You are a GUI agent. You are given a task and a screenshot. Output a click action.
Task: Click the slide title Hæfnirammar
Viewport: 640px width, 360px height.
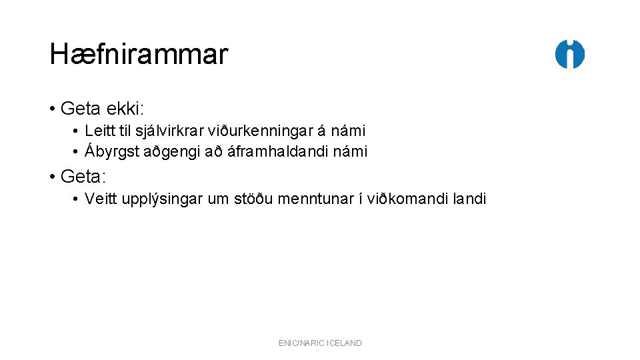(139, 55)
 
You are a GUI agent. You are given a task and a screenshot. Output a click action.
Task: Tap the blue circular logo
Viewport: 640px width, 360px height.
(570, 55)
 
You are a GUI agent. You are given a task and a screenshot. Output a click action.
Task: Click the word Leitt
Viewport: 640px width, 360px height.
(99, 131)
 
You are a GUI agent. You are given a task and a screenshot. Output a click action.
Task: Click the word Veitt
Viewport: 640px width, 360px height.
(100, 199)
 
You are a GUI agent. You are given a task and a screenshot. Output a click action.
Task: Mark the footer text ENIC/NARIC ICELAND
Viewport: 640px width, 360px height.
(320, 343)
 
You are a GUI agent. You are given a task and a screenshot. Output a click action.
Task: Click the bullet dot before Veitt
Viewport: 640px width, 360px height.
(77, 199)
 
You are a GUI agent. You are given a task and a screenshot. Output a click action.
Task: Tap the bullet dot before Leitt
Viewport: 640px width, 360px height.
(77, 131)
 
